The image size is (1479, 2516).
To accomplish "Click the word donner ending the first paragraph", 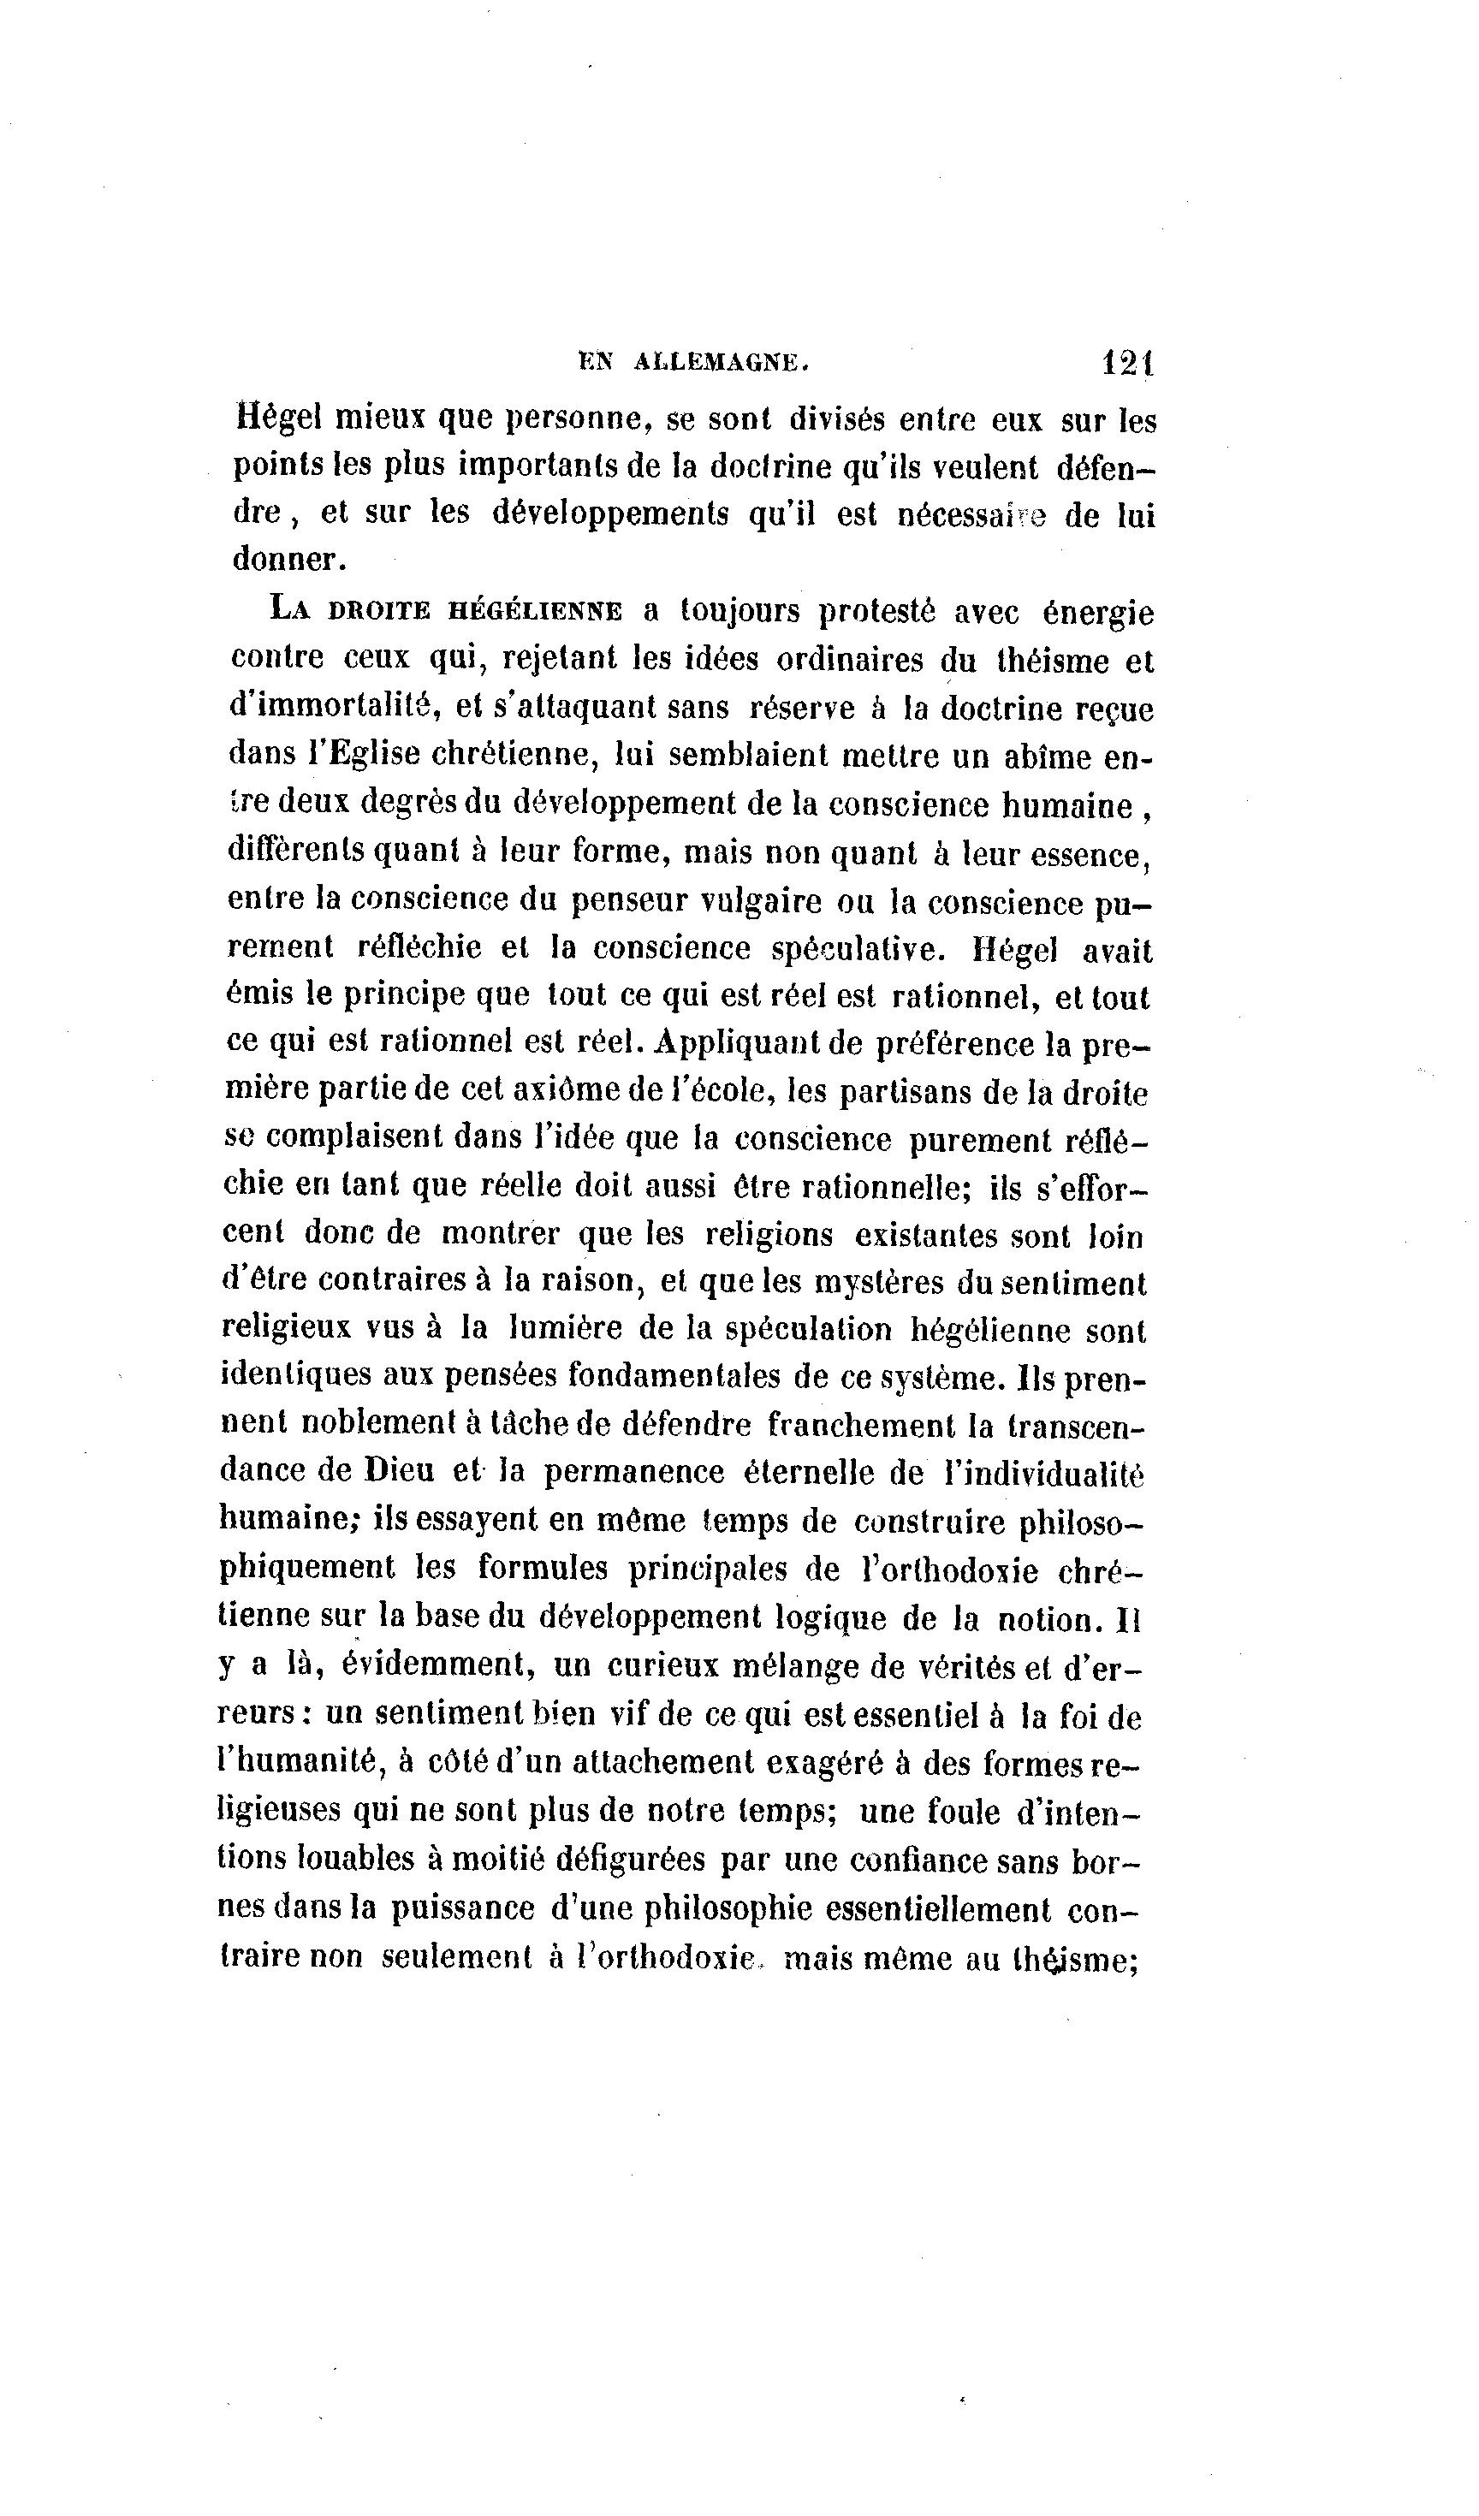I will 288,560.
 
